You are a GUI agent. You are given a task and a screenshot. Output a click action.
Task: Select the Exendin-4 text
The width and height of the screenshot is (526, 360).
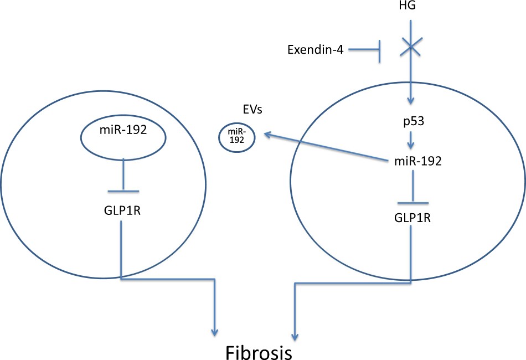pos(316,50)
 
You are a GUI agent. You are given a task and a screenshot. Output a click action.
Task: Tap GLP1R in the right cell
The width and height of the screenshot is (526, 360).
pos(410,217)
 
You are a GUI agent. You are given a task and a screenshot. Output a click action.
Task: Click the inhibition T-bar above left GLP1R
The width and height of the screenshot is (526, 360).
pos(122,191)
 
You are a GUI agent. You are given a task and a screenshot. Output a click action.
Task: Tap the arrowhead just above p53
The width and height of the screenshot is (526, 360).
pos(410,101)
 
